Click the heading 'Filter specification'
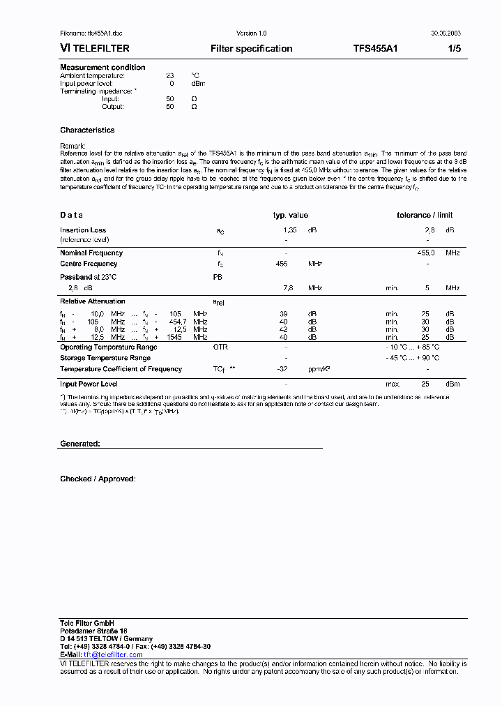coord(251,49)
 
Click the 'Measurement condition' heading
coord(102,68)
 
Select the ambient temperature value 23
coord(170,75)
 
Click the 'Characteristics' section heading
coord(87,130)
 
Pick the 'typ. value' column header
coord(290,216)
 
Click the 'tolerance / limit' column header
coord(425,216)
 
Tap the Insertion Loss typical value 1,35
coord(289,230)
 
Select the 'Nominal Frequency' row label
coord(91,253)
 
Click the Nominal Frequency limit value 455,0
coord(426,253)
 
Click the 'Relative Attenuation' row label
coord(93,301)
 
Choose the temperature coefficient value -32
coord(282,370)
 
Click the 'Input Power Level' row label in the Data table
coord(89,384)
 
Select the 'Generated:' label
coord(80,444)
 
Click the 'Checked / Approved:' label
coord(98,479)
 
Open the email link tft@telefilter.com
coord(113,655)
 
